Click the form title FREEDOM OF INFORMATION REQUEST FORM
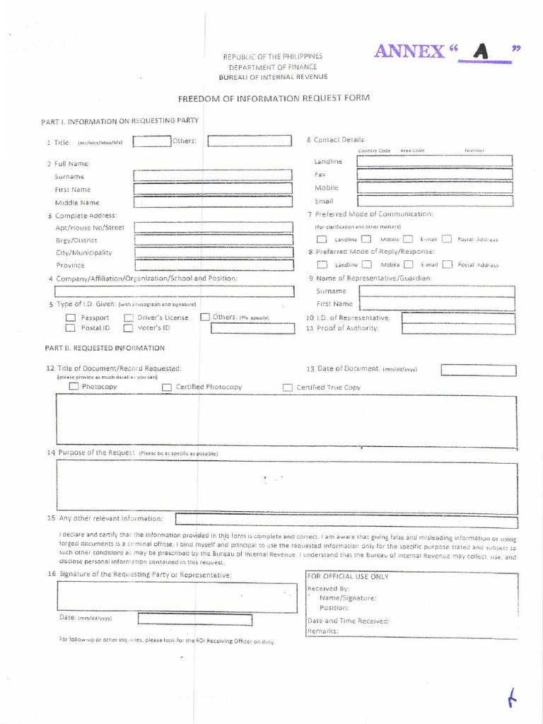pyautogui.click(x=273, y=98)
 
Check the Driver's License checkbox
pyautogui.click(x=129, y=317)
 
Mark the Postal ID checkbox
pyautogui.click(x=70, y=328)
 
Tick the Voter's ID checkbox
pyautogui.click(x=129, y=328)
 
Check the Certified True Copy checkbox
pyautogui.click(x=288, y=387)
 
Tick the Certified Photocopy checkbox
pyautogui.click(x=167, y=387)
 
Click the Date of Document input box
pyautogui.click(x=478, y=370)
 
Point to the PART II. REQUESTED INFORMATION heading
pyautogui.click(x=105, y=348)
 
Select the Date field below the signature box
pyautogui.click(x=185, y=619)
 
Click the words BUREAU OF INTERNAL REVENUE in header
pyautogui.click(x=273, y=76)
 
